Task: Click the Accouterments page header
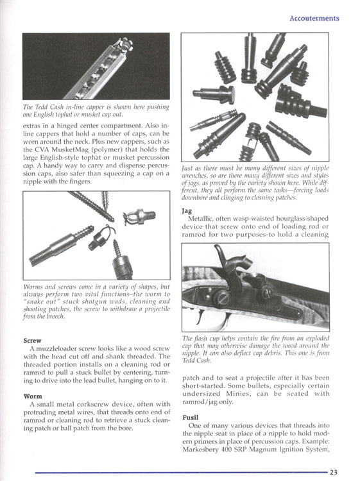[x=314, y=18]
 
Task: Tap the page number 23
[x=334, y=473]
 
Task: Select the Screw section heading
[x=32, y=341]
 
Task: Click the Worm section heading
[x=33, y=396]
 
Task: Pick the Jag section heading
[x=187, y=212]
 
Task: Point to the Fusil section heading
[x=191, y=418]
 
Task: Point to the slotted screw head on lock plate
[x=221, y=298]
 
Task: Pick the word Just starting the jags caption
[x=187, y=169]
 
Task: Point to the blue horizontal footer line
[x=181, y=473]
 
